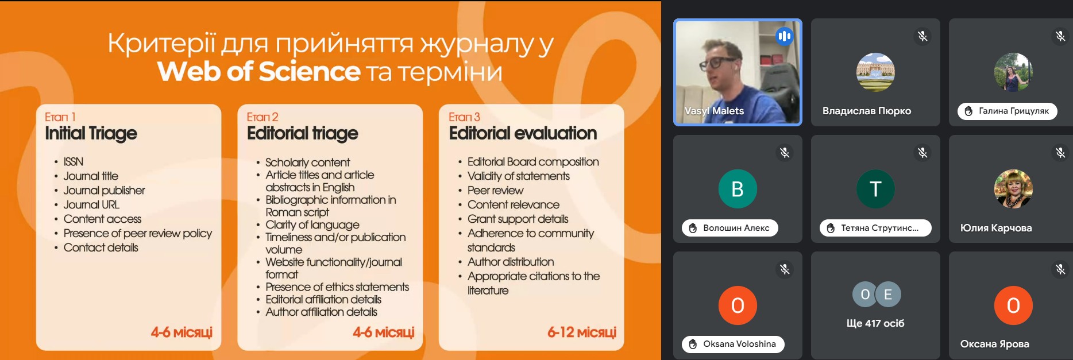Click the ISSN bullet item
pos(74,162)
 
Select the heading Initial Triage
pos(91,133)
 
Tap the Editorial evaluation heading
pos(523,133)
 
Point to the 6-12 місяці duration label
pos(582,332)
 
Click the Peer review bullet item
pos(495,190)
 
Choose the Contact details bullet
pos(101,247)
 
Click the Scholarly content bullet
pos(307,162)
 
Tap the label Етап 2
pos(263,117)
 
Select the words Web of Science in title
pos(259,72)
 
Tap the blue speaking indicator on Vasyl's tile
pos(784,37)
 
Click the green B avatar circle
pos(738,189)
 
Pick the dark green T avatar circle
pos(875,189)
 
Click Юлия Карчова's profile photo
pos(1013,189)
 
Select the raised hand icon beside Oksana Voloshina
pos(693,344)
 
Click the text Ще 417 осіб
pos(875,323)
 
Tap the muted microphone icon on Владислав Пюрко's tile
pos(923,36)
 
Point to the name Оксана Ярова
pos(994,344)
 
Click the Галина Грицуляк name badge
pos(1008,111)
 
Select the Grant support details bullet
pos(518,219)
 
